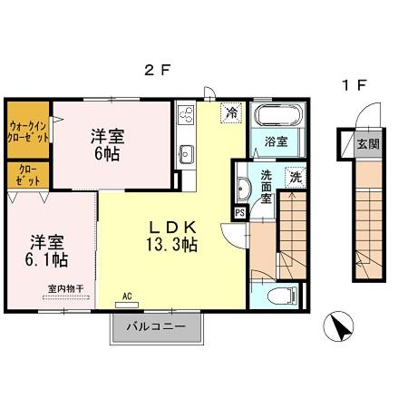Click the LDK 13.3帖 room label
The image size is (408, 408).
point(168,235)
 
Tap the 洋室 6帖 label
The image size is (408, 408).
point(107,145)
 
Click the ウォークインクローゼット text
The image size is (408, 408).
point(28,131)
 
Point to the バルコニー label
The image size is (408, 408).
point(156,326)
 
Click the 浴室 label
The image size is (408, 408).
point(276,142)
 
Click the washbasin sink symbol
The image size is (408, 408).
point(244,189)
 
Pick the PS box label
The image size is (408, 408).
point(239,213)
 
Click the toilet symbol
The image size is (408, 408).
point(283,294)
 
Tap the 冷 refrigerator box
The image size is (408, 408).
point(232,112)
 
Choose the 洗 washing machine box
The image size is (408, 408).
point(296,178)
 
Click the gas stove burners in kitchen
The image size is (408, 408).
point(187,115)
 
